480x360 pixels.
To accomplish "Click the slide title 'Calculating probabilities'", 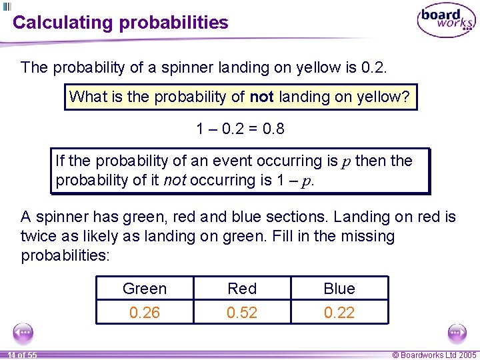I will tap(121, 23).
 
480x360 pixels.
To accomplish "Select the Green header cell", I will tap(145, 289).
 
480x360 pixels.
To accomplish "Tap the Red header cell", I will tap(242, 289).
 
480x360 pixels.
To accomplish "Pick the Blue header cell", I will tap(339, 289).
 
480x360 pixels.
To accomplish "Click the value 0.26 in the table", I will tap(145, 312).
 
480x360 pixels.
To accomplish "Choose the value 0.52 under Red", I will tap(242, 312).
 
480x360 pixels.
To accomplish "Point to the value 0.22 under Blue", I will tap(339, 312).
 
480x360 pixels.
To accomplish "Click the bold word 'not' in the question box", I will tap(262, 97).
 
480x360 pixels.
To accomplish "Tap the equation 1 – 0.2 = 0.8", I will tap(241, 129).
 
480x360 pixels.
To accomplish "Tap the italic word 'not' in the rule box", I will tap(174, 181).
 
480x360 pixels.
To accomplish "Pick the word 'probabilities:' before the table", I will tap(64, 255).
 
